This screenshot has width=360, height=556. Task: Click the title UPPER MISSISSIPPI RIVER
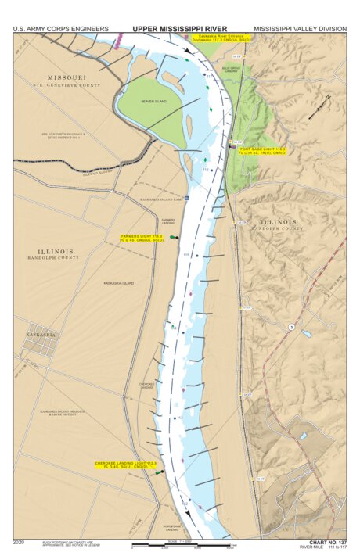(x=179, y=29)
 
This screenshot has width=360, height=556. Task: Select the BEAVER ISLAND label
(x=154, y=101)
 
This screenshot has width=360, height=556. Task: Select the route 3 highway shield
(x=291, y=325)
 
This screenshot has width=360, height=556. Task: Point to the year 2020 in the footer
(x=18, y=541)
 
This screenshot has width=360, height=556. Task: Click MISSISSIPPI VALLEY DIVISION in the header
(x=300, y=29)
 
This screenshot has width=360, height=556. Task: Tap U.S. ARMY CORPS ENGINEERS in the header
(x=60, y=29)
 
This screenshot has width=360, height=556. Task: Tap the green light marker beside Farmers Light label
(x=175, y=237)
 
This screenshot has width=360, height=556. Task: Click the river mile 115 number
(x=186, y=255)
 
